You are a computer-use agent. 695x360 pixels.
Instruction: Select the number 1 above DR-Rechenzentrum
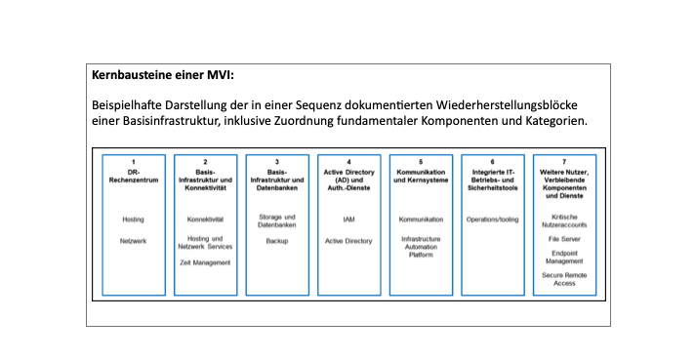click(x=134, y=161)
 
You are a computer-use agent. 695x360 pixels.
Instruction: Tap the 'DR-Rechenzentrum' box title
click(x=134, y=177)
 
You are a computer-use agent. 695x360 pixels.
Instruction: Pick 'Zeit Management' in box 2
click(x=205, y=262)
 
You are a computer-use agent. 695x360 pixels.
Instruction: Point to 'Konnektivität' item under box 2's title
click(x=205, y=220)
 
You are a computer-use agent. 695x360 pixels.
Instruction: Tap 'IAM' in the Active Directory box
click(x=348, y=220)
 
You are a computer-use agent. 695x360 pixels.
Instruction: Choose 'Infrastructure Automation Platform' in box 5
click(x=421, y=247)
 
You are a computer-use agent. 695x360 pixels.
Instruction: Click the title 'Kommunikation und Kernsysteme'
click(x=421, y=177)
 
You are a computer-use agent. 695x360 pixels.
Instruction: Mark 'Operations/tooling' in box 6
click(x=492, y=220)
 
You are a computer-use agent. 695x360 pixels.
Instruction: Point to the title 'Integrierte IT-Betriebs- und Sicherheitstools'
click(x=492, y=177)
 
